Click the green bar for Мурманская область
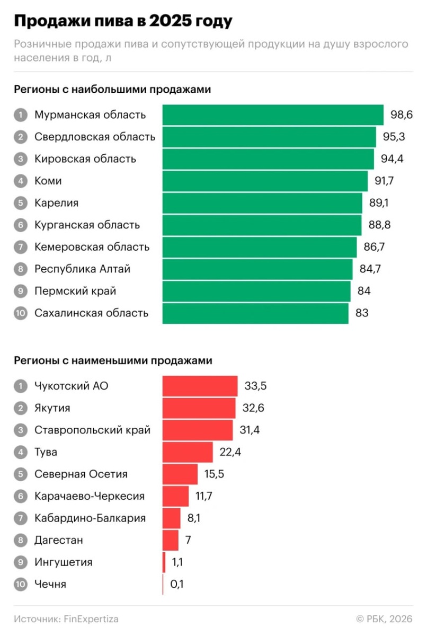click(x=272, y=115)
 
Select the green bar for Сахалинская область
click(x=255, y=313)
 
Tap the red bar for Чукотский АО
click(x=200, y=386)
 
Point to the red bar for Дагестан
click(x=170, y=540)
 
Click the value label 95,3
click(x=394, y=137)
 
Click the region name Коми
click(x=48, y=181)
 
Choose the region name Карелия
click(x=56, y=203)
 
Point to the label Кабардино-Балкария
click(x=90, y=518)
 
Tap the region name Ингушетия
click(x=63, y=562)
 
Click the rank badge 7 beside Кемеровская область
click(x=20, y=247)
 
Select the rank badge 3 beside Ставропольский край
click(x=20, y=430)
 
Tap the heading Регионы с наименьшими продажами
click(x=113, y=360)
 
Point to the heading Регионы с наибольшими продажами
click(x=112, y=90)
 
